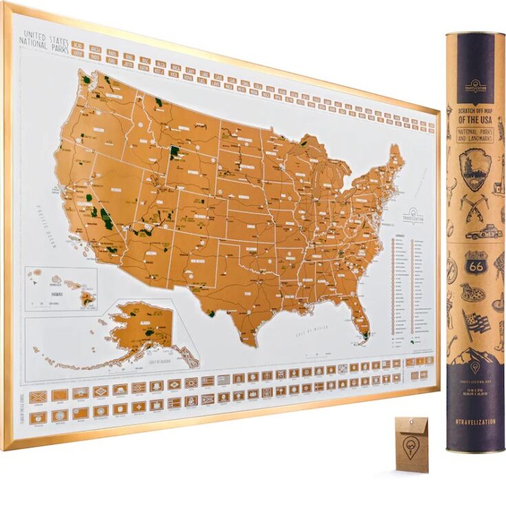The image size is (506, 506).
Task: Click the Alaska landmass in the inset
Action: (141, 327)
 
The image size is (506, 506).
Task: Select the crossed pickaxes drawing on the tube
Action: (474, 203)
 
